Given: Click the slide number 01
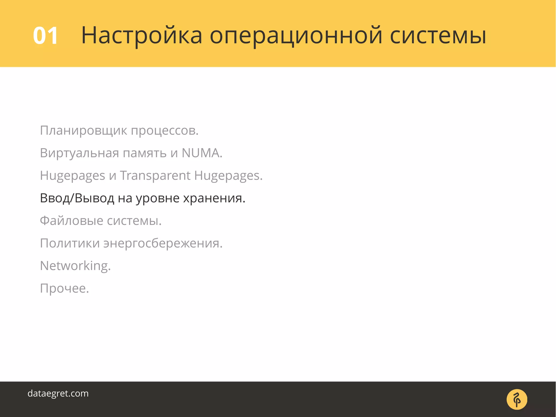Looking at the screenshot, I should coord(45,36).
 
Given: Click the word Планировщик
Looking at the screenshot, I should coord(83,131).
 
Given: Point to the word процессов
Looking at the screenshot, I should coord(165,131).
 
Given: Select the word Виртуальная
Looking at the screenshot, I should coord(79,153).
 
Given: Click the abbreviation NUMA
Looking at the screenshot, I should coord(202,153).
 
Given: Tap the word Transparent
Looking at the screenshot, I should coord(155,175).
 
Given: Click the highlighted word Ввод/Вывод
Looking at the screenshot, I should coord(77,198).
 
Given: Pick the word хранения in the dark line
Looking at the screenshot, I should coord(214,198).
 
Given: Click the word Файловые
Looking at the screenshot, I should coord(71,221).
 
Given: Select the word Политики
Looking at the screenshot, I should coord(70,243).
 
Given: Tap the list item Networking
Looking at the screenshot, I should coord(75,266).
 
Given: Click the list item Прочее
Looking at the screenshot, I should coord(64,288).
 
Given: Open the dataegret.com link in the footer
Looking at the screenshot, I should coord(58,393).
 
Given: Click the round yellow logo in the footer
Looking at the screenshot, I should coord(517,399).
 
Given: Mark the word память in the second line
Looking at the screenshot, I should coord(145,153).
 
